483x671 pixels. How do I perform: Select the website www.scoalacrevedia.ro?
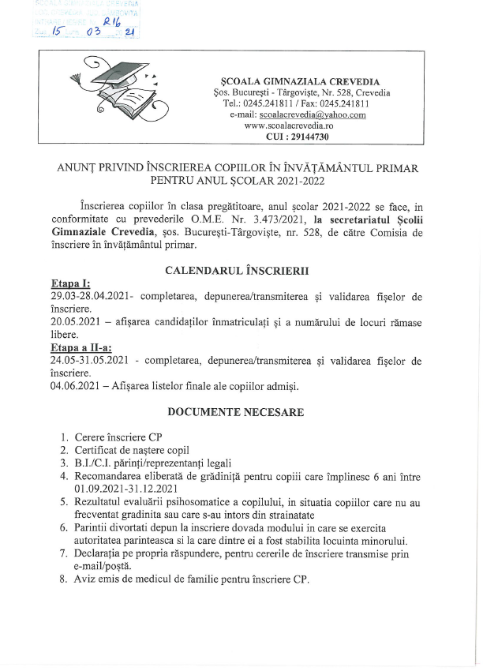tap(289, 126)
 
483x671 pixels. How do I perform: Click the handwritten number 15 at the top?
tap(56, 31)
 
